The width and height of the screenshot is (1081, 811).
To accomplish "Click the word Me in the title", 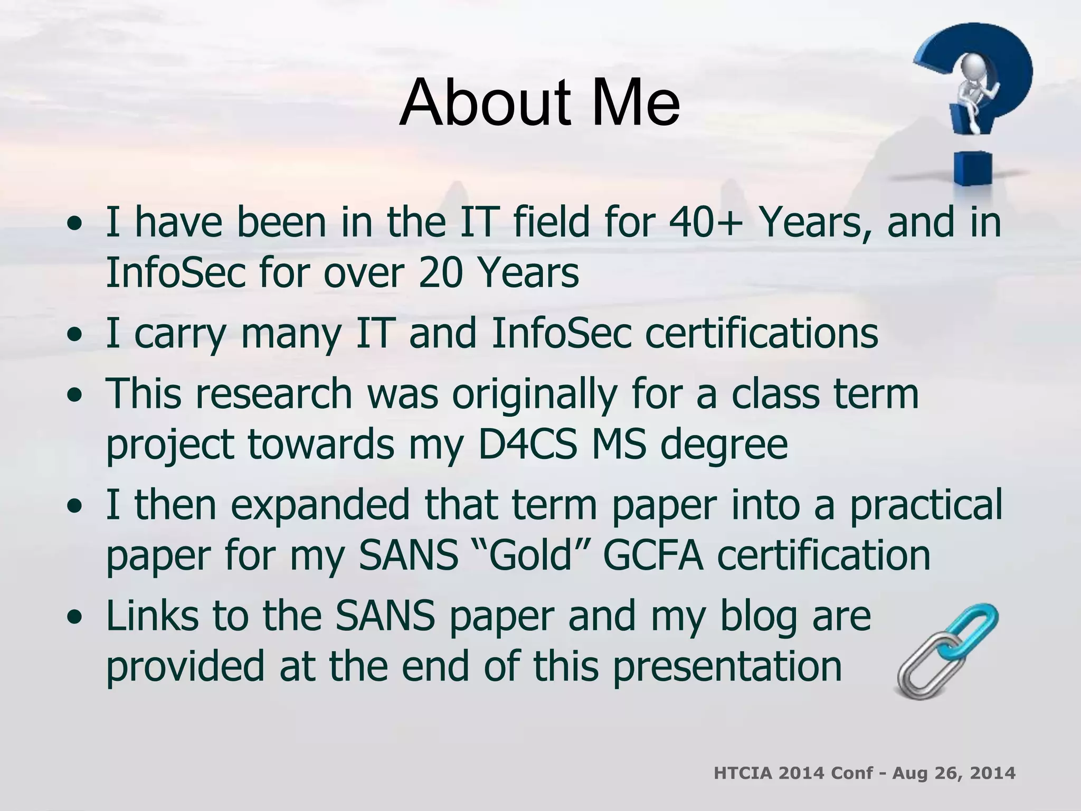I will click(x=633, y=103).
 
